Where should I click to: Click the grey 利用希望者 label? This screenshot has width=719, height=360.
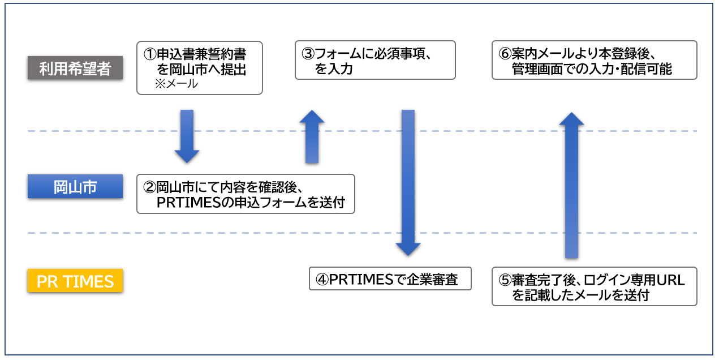point(75,68)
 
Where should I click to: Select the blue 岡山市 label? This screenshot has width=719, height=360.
point(75,186)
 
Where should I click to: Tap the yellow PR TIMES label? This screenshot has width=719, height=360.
point(75,281)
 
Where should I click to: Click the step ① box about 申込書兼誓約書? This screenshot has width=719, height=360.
point(200,68)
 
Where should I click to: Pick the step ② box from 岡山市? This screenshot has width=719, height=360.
point(246,194)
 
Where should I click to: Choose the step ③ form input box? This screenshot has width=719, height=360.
point(375,60)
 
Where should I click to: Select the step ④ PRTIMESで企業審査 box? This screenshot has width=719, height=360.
point(390,278)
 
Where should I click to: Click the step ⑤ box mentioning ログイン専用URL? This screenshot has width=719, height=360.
point(595,286)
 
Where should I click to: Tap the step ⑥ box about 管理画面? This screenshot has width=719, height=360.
point(595,60)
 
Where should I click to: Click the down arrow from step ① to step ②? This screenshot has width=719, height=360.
point(187,136)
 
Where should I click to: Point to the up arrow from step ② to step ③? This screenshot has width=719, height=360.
point(312,136)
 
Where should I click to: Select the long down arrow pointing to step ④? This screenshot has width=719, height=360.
point(408,183)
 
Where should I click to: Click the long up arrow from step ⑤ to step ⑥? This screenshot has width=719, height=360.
point(572,185)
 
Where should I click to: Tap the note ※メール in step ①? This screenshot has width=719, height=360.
point(176,84)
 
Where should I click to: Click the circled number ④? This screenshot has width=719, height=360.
point(322,280)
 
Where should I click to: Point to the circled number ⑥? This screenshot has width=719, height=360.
point(505,54)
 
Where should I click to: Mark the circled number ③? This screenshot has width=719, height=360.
point(308,54)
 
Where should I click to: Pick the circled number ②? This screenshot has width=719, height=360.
point(149,187)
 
